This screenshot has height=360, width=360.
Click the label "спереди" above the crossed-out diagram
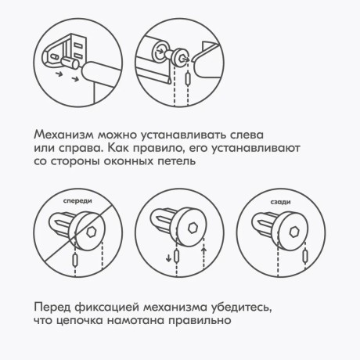[x=76, y=201]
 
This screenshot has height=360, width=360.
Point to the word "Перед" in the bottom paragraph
[x=56, y=306]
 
